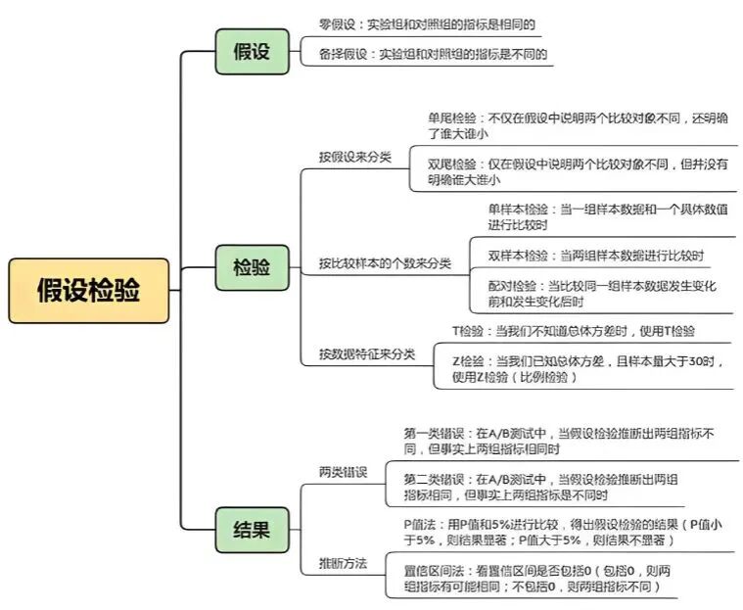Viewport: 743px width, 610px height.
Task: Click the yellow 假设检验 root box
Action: (x=89, y=291)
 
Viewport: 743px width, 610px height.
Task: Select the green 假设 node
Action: (x=253, y=51)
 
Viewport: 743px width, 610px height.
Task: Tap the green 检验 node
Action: (x=253, y=268)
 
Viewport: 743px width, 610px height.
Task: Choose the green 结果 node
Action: (x=253, y=530)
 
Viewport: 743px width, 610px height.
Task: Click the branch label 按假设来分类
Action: (x=355, y=157)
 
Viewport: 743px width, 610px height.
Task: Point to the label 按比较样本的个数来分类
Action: (x=385, y=263)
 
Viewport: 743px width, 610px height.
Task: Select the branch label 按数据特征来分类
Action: (x=367, y=354)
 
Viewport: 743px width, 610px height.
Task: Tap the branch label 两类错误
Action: (x=343, y=473)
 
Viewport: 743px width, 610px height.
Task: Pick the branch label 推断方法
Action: (x=343, y=564)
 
